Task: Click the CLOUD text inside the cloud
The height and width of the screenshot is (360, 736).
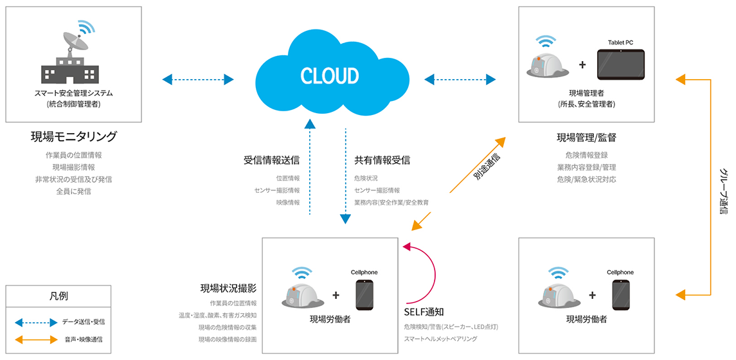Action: click(330, 76)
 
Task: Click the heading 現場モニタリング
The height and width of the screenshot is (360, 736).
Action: click(74, 137)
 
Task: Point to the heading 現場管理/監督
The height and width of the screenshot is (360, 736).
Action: click(586, 137)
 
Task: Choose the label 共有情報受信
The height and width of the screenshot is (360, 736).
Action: click(382, 160)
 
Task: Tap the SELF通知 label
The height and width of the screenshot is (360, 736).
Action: click(424, 312)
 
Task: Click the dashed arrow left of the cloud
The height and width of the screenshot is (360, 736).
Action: click(197, 80)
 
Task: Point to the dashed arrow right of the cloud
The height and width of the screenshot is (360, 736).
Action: click(460, 80)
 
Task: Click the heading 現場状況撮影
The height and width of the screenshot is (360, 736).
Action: click(228, 289)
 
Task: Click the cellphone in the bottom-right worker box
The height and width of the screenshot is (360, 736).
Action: click(620, 296)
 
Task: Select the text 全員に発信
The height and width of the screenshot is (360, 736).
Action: click(74, 191)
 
